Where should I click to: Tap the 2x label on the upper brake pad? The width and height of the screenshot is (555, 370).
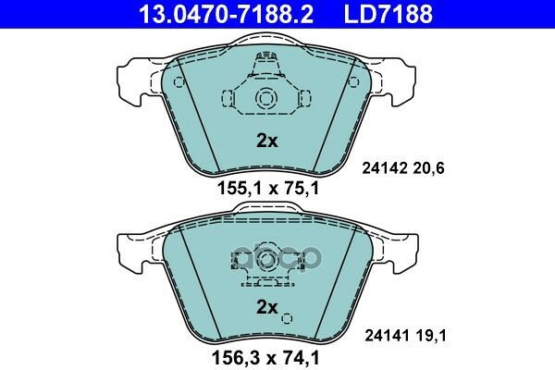[x=266, y=142]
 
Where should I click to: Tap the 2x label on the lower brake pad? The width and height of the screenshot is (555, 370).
[x=266, y=306]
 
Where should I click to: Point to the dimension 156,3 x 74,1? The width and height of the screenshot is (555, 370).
[x=266, y=354]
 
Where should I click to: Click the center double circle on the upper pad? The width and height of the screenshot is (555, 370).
[x=265, y=99]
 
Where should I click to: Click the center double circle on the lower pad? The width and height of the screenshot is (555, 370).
[x=265, y=254]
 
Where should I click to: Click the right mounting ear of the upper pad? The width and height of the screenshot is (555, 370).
[x=402, y=79]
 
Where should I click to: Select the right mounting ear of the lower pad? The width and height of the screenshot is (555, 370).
[x=402, y=245]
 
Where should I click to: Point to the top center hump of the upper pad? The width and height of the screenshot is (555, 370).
[x=265, y=42]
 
